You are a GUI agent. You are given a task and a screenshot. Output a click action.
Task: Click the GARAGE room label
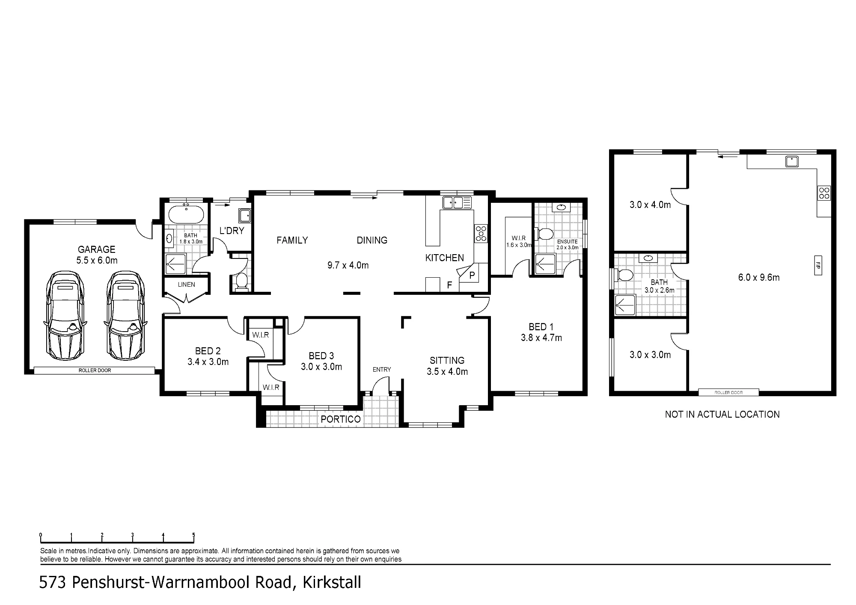(97, 249)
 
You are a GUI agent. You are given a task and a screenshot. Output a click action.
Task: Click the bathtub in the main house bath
(186, 214)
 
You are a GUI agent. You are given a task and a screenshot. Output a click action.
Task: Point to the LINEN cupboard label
(187, 285)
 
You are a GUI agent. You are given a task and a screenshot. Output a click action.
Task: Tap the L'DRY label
(232, 231)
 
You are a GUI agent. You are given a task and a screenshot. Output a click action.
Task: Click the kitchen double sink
(457, 202)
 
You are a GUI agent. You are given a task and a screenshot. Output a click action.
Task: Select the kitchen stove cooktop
(481, 234)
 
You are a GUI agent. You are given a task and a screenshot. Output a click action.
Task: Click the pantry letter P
(472, 275)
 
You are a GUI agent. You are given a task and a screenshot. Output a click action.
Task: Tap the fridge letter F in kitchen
(449, 285)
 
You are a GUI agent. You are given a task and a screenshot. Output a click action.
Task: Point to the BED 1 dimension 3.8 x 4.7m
(541, 338)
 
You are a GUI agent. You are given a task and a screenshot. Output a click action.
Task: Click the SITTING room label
(447, 361)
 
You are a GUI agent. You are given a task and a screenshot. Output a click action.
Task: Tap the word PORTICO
(341, 419)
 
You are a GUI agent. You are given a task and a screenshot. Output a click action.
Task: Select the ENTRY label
(382, 370)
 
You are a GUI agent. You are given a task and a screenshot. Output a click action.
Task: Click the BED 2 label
(208, 351)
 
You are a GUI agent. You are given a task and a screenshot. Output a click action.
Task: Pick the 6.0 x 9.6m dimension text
(759, 278)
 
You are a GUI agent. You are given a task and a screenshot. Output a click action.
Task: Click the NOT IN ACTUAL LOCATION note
(722, 414)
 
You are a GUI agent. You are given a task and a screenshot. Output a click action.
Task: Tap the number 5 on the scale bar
(194, 535)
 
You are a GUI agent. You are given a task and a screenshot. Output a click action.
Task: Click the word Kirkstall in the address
(332, 582)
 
